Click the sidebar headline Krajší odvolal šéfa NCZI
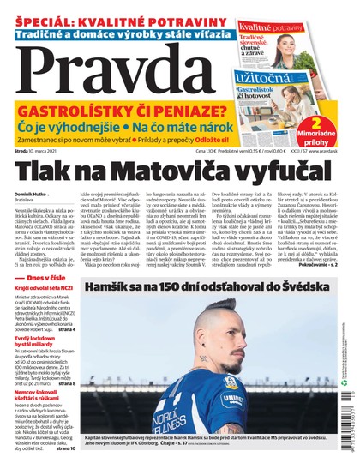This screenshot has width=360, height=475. coord(51,315)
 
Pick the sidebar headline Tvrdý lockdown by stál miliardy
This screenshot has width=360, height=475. coord(44,368)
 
